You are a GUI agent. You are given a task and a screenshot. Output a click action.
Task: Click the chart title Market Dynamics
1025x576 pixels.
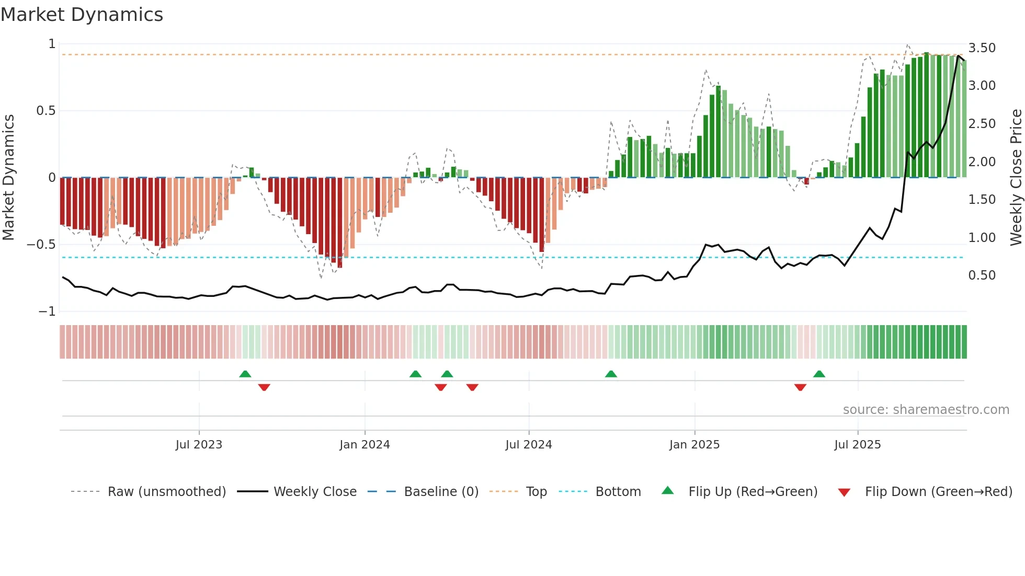point(82,15)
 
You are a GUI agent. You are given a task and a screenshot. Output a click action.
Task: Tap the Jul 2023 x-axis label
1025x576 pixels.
point(199,445)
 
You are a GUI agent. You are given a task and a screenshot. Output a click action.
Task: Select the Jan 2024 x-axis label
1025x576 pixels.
point(365,445)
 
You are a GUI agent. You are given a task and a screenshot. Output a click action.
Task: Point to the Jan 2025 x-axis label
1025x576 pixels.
point(694,445)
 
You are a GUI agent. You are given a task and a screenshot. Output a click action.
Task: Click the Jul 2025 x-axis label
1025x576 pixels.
point(858,445)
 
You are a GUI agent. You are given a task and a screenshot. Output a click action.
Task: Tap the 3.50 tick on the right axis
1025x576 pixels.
point(982,48)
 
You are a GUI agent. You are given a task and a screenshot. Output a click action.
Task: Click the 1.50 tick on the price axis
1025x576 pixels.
point(982,200)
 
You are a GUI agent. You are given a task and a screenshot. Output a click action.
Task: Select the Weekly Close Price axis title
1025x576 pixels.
point(1016,178)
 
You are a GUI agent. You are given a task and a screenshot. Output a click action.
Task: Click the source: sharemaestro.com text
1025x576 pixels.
point(926,410)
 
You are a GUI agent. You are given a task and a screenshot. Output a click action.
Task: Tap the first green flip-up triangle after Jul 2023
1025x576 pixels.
point(245,374)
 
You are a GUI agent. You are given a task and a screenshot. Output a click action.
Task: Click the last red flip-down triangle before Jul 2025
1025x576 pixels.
point(800,387)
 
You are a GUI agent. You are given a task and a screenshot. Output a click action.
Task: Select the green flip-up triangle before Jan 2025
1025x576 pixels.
point(611,374)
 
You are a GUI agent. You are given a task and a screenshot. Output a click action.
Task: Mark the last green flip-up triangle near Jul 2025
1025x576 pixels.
point(819,374)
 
